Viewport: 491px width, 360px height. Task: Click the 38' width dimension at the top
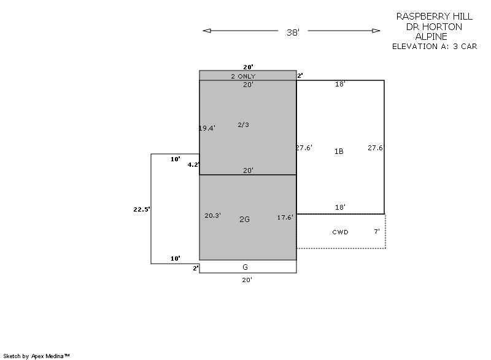click(x=293, y=33)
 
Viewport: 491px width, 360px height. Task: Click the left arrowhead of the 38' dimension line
click(x=207, y=31)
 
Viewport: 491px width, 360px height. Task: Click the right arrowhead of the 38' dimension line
click(x=376, y=31)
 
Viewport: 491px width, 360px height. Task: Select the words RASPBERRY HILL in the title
click(x=435, y=17)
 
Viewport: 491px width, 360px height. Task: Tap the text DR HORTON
click(x=434, y=26)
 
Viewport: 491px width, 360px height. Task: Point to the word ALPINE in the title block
click(x=431, y=37)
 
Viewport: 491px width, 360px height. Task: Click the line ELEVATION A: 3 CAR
click(x=435, y=47)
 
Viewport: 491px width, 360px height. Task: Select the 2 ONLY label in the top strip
click(x=243, y=76)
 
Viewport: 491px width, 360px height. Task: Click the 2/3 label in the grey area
click(x=243, y=124)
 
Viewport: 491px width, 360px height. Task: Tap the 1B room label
click(x=339, y=151)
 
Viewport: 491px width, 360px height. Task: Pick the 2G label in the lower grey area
click(x=244, y=220)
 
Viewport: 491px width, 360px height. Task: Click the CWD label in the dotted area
click(x=341, y=232)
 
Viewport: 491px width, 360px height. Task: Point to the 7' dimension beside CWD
click(x=377, y=231)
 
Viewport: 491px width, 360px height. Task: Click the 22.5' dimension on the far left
click(x=142, y=209)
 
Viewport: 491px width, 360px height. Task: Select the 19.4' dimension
click(x=207, y=128)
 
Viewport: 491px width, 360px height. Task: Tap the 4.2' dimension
click(x=193, y=164)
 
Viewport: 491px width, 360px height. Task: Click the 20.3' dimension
click(x=212, y=215)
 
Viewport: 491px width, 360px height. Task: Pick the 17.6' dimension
click(x=285, y=217)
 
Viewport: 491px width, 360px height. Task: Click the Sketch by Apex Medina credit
click(x=37, y=356)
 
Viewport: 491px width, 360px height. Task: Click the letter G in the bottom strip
click(x=245, y=267)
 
